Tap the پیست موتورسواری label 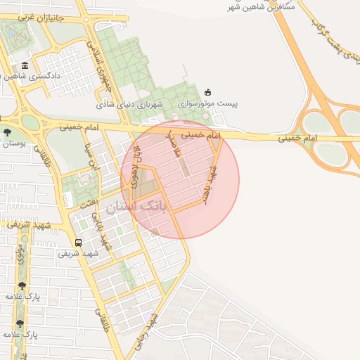[x=207, y=103]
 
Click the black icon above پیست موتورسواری [x=207, y=91]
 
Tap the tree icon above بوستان [x=7, y=131]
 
